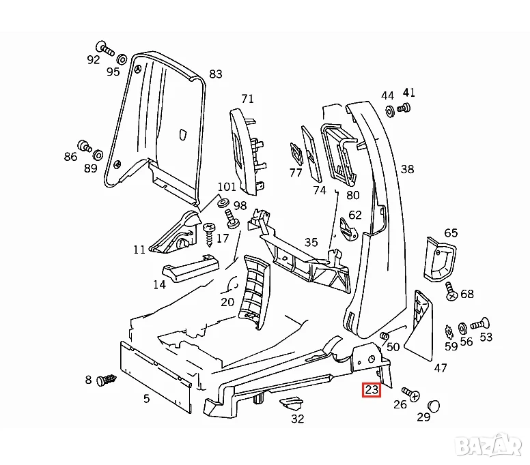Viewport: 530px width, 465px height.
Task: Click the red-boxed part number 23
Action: coord(372,390)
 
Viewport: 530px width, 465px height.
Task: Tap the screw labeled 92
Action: coord(104,47)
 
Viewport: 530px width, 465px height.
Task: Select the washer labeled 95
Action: coord(122,57)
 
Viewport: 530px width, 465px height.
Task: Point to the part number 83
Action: coord(216,74)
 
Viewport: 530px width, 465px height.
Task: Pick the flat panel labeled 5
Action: coord(154,374)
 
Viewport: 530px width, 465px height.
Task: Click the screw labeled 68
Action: coord(451,291)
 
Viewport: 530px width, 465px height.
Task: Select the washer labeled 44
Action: coord(389,110)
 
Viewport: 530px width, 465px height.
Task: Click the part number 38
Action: coord(407,168)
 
